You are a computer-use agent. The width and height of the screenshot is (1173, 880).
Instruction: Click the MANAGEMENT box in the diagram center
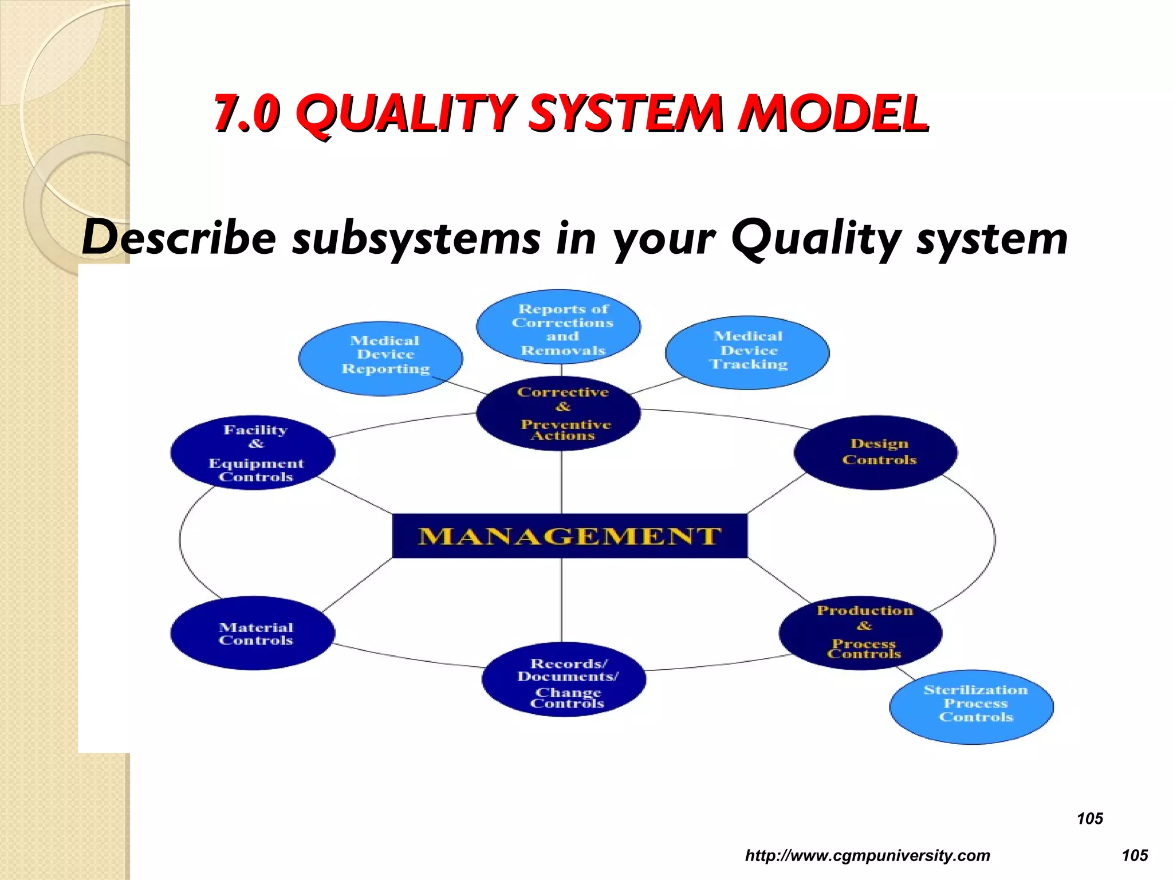coord(569,536)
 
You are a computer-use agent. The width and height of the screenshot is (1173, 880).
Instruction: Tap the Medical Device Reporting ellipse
coord(381,358)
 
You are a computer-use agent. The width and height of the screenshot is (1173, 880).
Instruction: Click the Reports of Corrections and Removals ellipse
coord(558,327)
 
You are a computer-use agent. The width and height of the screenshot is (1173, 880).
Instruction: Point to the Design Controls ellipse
coord(876,452)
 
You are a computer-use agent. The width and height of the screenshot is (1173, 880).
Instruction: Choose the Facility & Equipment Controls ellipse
coord(253,453)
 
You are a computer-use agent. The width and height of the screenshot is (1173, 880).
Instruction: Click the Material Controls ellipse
coord(253,633)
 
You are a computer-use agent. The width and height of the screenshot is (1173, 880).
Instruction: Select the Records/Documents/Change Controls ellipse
coord(564,679)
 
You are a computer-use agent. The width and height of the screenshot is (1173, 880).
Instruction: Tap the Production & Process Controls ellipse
coord(861,632)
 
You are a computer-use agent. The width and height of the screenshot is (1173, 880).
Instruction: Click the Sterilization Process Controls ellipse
coord(971,706)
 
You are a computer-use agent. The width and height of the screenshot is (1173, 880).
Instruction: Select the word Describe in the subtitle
coord(179,238)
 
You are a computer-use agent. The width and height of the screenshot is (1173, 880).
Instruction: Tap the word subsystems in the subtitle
coord(416,238)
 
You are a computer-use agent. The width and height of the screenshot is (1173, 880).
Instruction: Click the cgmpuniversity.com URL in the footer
coord(867,855)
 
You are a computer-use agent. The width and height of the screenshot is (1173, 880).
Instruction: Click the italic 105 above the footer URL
coord(1089,819)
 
